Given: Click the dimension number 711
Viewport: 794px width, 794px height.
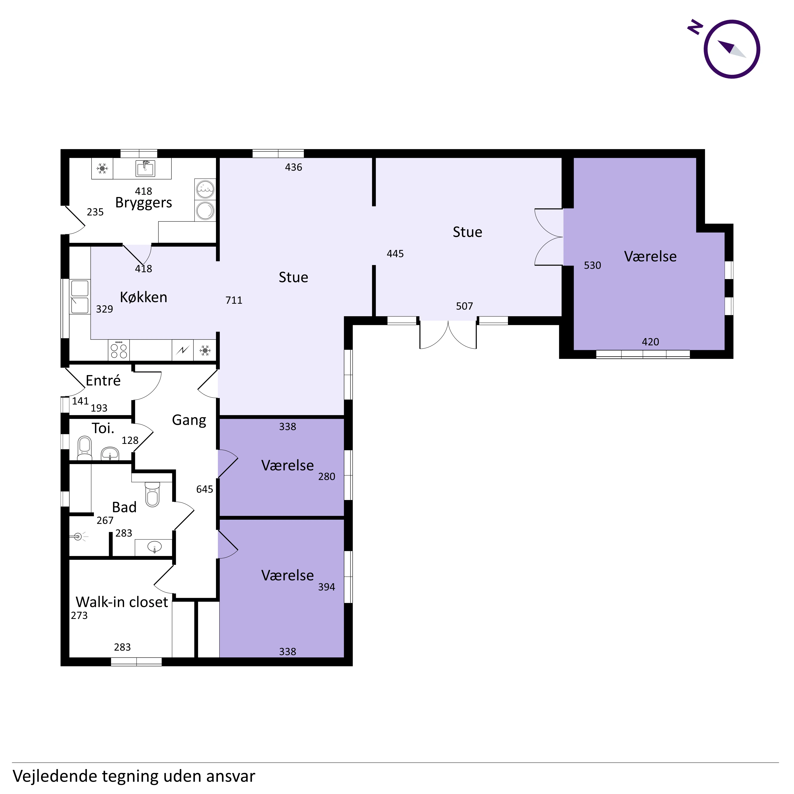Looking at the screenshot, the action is [234, 300].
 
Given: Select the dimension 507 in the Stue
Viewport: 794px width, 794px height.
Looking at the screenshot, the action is [464, 306].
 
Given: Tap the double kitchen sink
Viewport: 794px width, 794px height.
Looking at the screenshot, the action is [80, 297].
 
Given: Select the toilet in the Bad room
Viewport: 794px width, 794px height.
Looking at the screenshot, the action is [152, 494].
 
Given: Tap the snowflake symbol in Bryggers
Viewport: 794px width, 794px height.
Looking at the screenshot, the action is [102, 169].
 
